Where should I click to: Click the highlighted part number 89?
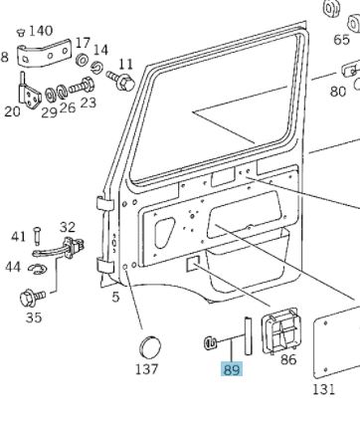tap(232, 369)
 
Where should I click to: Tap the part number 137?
tap(147, 369)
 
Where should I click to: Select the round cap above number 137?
tap(150, 347)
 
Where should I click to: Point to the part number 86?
tap(287, 359)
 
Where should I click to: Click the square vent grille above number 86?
tap(281, 331)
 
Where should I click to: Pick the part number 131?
tap(324, 389)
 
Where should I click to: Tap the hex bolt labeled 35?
tap(32, 297)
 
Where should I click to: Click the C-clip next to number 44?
tap(38, 269)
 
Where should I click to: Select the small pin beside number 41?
tap(37, 236)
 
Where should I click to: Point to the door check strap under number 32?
tap(60, 249)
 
